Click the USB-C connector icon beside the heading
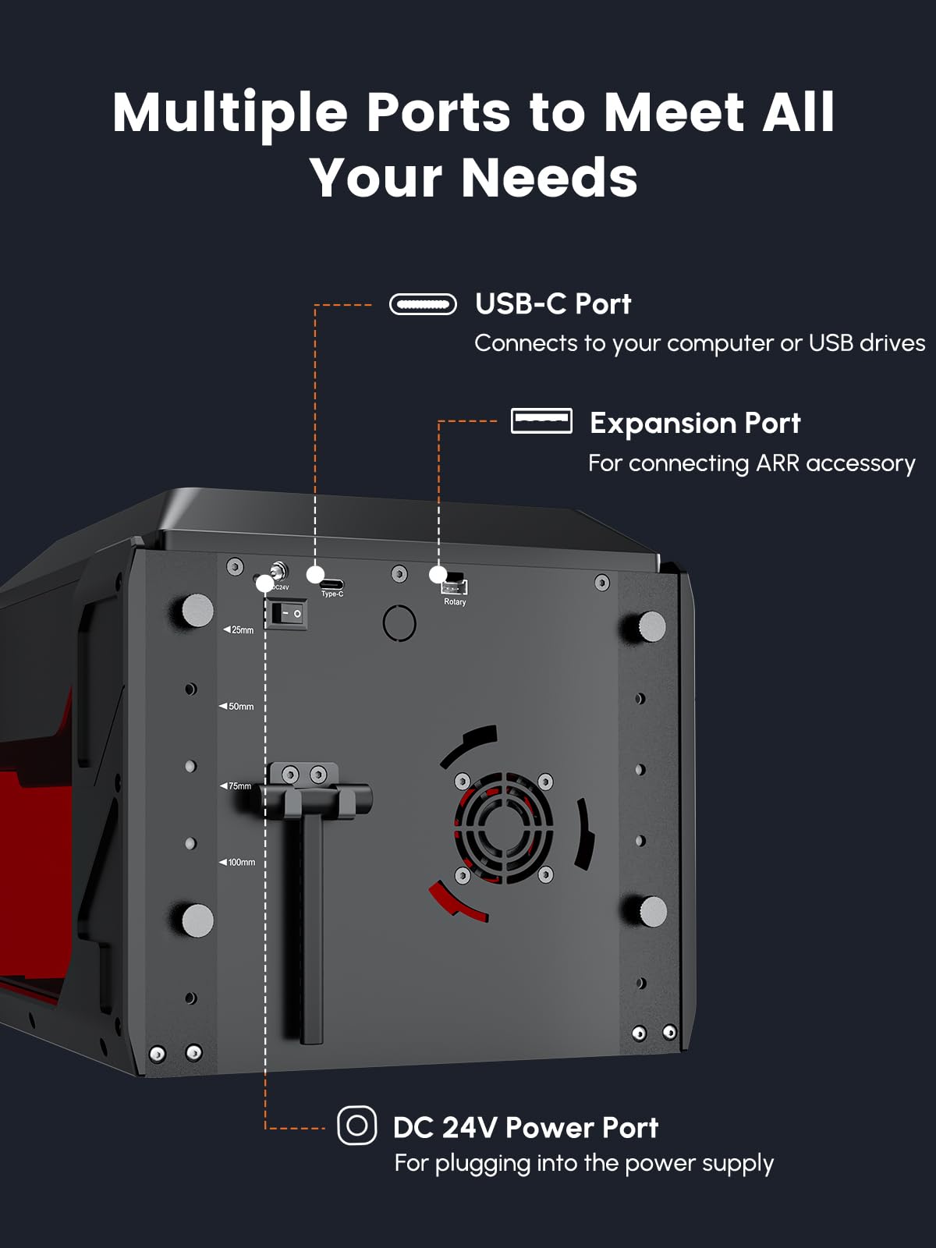(423, 304)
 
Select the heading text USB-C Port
(552, 304)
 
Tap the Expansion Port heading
(694, 423)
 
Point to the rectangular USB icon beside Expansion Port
(541, 421)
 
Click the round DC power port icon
(356, 1126)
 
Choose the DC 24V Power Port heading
(525, 1128)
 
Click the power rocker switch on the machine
(286, 614)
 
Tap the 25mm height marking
(239, 629)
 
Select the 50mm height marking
(237, 707)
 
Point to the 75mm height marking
(236, 785)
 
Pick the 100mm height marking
(238, 862)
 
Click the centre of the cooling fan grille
(504, 827)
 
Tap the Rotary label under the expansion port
(455, 602)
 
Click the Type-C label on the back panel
(332, 594)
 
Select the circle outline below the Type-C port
(399, 622)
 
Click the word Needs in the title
(549, 178)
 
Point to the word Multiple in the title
(230, 112)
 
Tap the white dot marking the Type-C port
(315, 575)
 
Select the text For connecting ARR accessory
(751, 463)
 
